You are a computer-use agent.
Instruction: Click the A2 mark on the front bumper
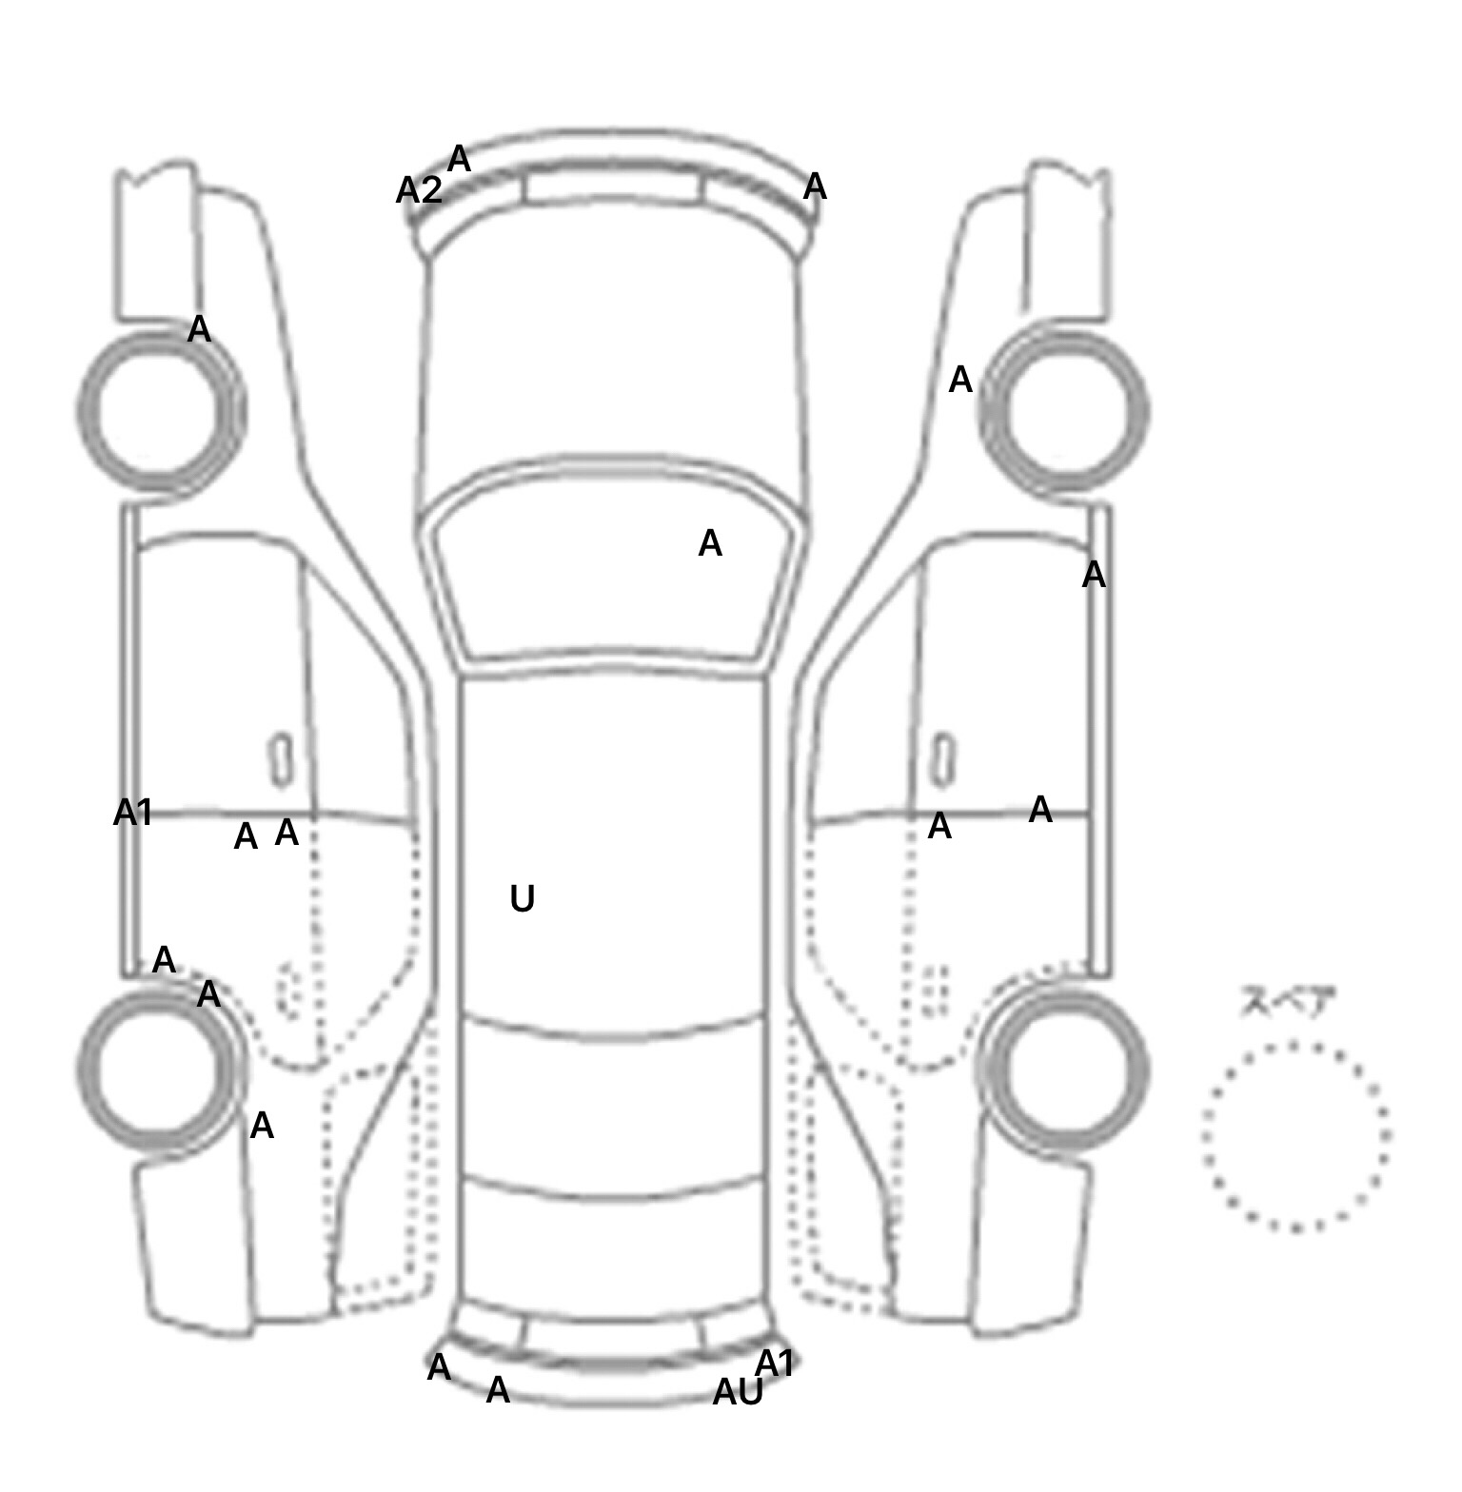click(x=419, y=191)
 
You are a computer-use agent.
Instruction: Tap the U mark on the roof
click(x=523, y=898)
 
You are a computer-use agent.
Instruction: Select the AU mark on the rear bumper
click(x=738, y=1393)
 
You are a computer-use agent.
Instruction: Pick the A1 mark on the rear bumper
click(x=775, y=1364)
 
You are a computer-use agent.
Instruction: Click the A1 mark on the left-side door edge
click(x=132, y=813)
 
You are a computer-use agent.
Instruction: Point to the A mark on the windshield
click(x=710, y=543)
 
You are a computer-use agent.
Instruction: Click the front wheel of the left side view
click(x=160, y=412)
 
